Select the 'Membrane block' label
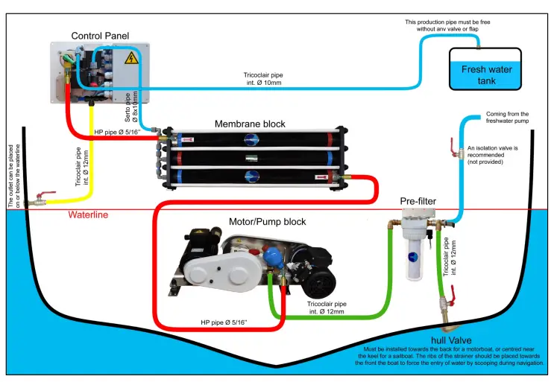tap(250, 124)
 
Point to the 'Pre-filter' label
tap(417, 201)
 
